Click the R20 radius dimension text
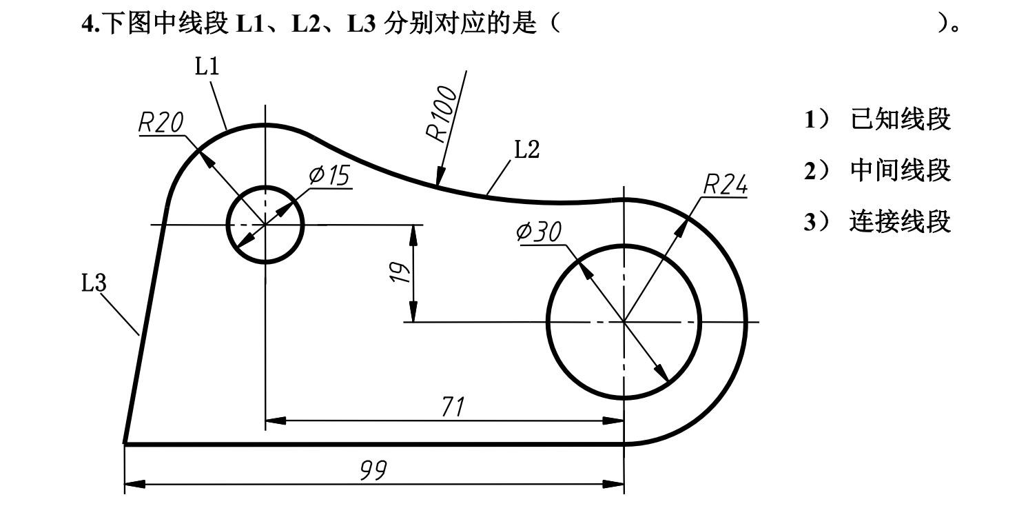161,122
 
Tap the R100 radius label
442,114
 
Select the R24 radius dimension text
725,185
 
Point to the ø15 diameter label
329,175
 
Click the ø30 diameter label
539,232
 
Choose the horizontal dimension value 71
452,407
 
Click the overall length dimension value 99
374,471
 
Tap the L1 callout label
206,66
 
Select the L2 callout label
527,149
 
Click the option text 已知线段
900,119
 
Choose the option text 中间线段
900,170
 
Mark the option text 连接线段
900,222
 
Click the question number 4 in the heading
87,25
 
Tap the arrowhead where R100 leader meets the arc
439,181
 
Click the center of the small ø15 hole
265,225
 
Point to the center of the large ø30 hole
624,322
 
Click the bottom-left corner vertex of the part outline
125,443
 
